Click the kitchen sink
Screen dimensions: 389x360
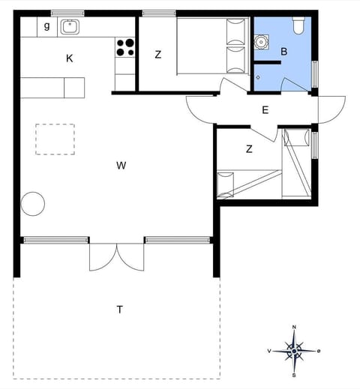[x=70, y=27]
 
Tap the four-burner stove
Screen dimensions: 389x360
[x=124, y=48]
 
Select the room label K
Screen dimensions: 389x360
[x=69, y=58]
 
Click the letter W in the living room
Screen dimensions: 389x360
[x=121, y=166]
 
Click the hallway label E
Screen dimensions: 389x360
[x=265, y=110]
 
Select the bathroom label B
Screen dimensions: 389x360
[x=283, y=52]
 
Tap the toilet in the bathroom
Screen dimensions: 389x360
[x=298, y=25]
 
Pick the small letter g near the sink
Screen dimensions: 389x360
[x=46, y=26]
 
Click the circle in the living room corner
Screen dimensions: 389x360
[x=32, y=202]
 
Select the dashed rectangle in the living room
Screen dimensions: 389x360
[x=55, y=139]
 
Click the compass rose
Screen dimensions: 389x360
[x=294, y=350]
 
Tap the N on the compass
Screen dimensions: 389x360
[x=294, y=328]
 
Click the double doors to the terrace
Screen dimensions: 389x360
[x=116, y=256]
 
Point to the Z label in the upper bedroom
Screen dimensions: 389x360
[x=158, y=54]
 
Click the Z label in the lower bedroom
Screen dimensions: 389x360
[x=249, y=149]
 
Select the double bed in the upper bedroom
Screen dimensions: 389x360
[x=211, y=47]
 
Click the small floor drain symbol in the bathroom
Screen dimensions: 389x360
[x=257, y=77]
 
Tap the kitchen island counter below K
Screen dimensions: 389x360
[x=52, y=88]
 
